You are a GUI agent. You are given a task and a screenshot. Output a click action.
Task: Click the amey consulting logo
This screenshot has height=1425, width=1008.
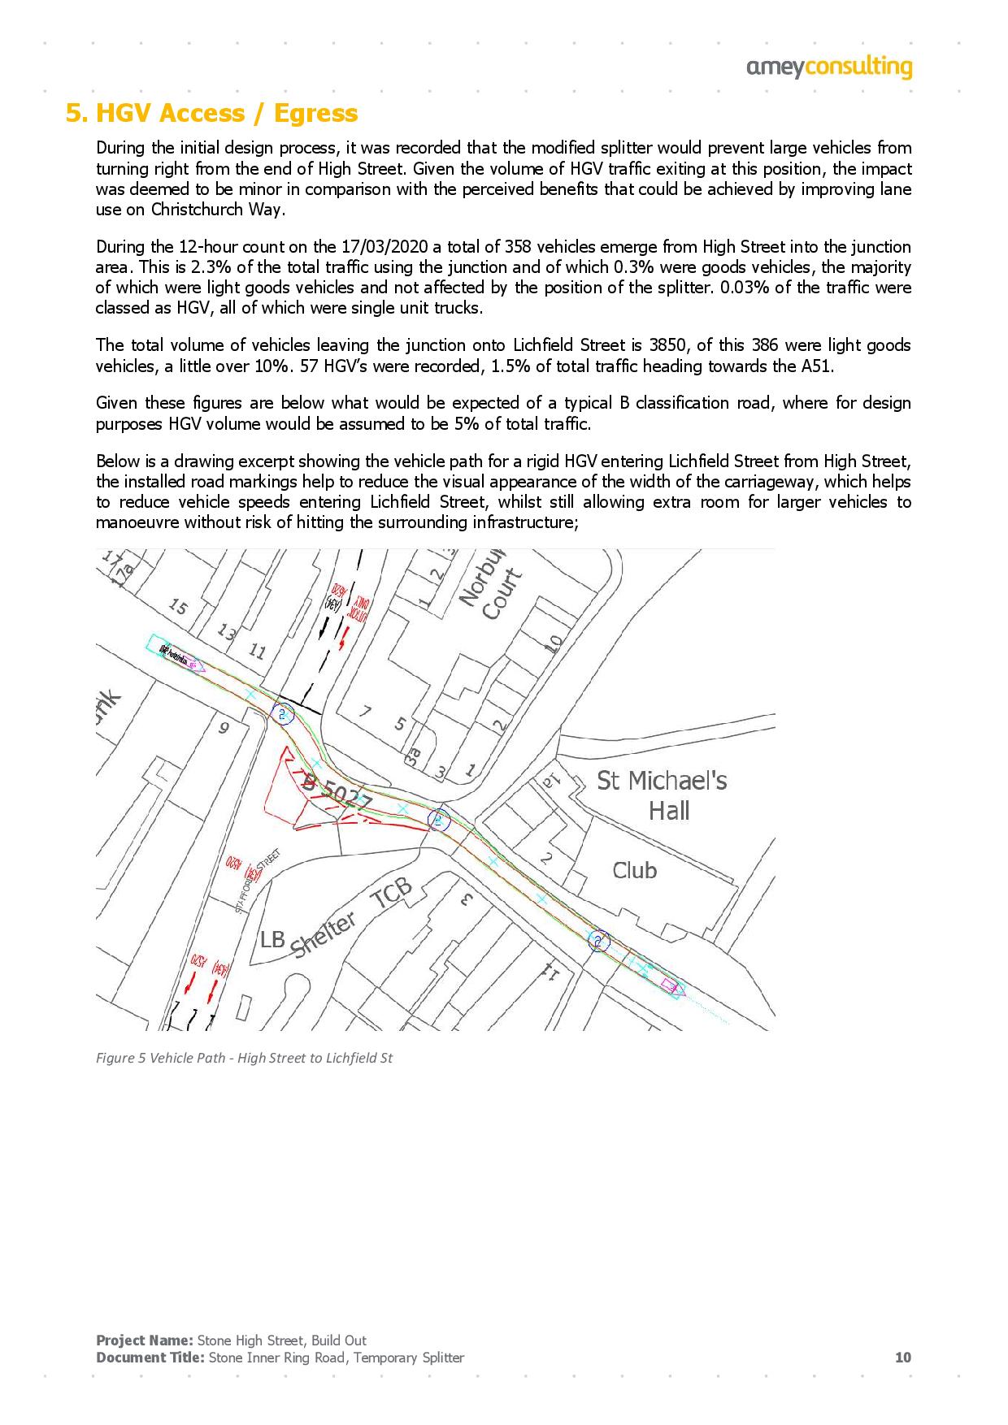(x=829, y=67)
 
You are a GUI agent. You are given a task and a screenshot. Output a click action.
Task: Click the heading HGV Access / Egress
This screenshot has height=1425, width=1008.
(x=211, y=113)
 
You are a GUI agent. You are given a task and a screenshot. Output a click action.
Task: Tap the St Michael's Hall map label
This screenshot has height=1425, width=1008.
(x=663, y=795)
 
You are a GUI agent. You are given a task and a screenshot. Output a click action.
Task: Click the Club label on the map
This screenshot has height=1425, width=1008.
(x=634, y=870)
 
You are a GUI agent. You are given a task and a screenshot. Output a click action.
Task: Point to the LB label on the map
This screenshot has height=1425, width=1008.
(x=272, y=939)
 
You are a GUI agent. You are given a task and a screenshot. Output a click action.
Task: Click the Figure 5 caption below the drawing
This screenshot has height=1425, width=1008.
(x=244, y=1059)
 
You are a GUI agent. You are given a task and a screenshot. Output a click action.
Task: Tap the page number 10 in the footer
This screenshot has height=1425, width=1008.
(x=902, y=1358)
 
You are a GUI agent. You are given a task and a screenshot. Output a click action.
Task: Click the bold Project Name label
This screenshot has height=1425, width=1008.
(x=144, y=1341)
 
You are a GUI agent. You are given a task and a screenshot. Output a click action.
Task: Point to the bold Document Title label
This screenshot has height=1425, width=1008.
(x=150, y=1358)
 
